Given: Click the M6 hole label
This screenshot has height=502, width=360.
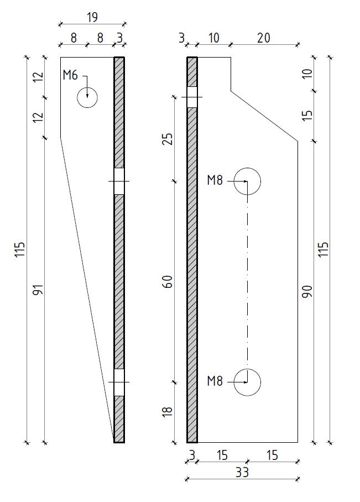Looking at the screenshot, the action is coord(70,76).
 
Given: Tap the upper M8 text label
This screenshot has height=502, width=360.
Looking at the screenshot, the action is coord(215,180).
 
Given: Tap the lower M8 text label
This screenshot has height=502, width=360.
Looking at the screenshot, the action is coord(215,381).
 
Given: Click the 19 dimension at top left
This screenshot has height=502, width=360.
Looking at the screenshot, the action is coord(92,17).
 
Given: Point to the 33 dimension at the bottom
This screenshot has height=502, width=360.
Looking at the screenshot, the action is coord(242,472).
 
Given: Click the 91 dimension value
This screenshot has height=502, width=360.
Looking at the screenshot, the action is coord(38,289).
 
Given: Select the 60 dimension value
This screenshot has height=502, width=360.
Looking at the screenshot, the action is coord(168,281).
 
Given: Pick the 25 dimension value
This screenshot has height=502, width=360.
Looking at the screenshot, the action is coord(168,138).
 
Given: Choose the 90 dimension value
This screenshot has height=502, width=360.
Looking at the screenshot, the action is coord(307,292).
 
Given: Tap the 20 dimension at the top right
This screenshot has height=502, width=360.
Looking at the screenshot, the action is coord(263,38).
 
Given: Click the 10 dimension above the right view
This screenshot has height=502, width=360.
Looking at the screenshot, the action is coord(214,38).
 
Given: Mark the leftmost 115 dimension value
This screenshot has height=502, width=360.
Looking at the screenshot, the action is coord(19,250).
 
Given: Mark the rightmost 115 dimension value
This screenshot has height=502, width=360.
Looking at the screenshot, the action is coord(324,249).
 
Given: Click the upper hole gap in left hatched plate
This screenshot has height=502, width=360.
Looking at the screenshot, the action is coord(119,181).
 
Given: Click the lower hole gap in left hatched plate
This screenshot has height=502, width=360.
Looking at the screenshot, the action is coord(119,382).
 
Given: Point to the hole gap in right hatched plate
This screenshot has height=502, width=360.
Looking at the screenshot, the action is coord(192,97).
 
